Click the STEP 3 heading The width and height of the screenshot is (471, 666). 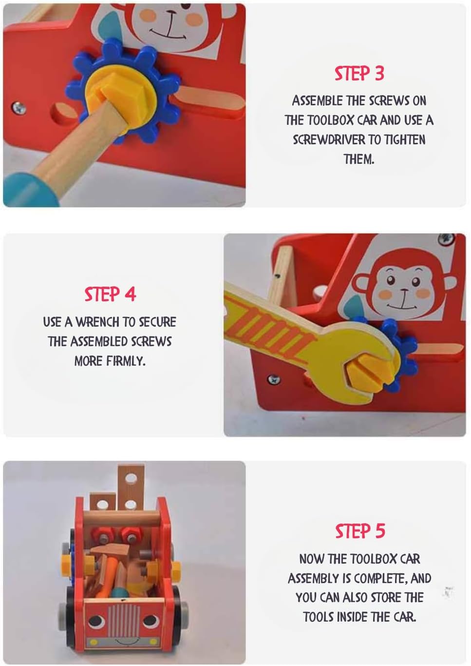(x=359, y=74)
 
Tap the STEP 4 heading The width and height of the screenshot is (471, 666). (x=110, y=294)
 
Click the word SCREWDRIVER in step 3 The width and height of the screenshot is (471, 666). (x=334, y=139)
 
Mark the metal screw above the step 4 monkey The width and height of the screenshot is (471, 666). (x=446, y=239)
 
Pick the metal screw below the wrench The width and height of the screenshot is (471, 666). (x=274, y=379)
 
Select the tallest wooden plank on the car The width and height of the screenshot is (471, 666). (x=131, y=487)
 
